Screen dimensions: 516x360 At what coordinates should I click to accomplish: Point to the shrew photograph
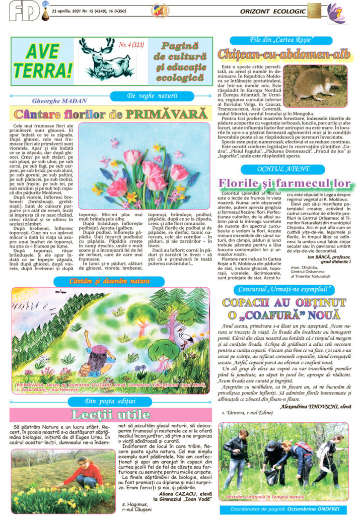coord(315,86)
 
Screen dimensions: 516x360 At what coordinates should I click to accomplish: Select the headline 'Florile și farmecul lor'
coord(284,182)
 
